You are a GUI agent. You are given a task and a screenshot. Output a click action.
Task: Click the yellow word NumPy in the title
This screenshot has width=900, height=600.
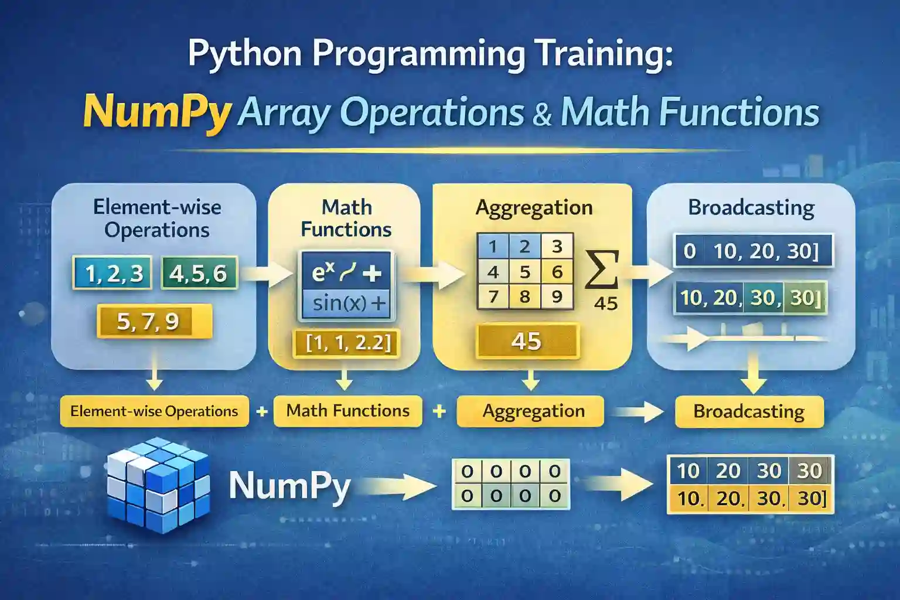[x=157, y=111]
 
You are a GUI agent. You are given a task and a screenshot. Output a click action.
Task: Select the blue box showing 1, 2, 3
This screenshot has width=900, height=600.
[x=112, y=273]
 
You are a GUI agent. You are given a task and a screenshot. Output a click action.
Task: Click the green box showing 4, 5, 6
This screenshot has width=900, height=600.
[x=198, y=273]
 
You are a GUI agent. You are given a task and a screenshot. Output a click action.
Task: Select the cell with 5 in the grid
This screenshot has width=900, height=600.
[x=525, y=271]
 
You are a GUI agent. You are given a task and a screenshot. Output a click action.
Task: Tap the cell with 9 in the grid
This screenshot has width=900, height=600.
[x=557, y=296]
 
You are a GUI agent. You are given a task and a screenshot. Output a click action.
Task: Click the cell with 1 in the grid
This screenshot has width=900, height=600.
[x=493, y=246]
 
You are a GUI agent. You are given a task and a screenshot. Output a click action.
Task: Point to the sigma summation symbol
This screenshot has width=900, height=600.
[x=602, y=270]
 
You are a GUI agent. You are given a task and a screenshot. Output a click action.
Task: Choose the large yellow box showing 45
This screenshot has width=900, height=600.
[x=527, y=341]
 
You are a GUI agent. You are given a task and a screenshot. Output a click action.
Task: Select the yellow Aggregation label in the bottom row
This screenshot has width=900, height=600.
[x=533, y=411]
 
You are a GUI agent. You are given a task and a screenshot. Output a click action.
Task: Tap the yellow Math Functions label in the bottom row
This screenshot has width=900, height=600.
[x=347, y=411]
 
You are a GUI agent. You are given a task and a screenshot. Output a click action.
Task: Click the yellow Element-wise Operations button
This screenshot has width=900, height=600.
[x=154, y=411]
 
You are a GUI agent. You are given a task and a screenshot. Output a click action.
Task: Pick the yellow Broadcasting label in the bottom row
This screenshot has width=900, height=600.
[x=749, y=411]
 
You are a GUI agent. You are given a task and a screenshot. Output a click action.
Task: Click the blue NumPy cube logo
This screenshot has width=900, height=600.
[x=158, y=486]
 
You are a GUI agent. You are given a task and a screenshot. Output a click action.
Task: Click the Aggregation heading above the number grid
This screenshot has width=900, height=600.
[x=534, y=207]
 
